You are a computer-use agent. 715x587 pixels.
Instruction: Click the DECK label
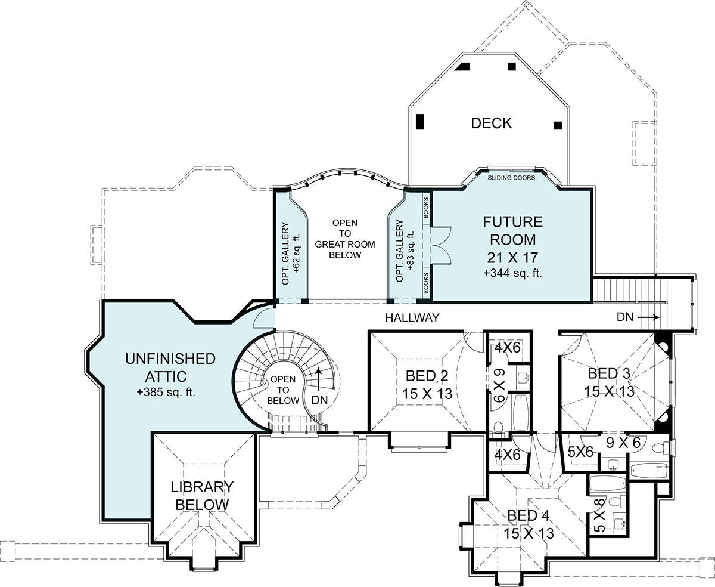point(491,123)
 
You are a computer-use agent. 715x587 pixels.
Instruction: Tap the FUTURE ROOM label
point(512,231)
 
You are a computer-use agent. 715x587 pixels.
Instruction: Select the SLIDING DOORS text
point(511,178)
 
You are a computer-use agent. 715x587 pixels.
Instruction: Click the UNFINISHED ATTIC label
point(170,367)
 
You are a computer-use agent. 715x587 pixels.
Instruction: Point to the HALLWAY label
point(412,318)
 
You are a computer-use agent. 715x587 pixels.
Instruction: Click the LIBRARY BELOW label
point(202,496)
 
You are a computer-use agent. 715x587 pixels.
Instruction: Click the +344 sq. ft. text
point(512,273)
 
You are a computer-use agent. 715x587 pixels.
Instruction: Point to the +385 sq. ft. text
point(166,393)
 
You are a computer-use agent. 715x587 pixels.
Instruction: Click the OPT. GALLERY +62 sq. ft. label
point(291,254)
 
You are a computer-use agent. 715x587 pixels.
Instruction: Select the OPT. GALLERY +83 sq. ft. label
point(405,251)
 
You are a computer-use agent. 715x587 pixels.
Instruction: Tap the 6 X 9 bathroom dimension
point(499,386)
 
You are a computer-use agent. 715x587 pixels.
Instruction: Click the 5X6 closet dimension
point(580,452)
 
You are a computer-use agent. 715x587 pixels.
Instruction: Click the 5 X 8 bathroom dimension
point(600,515)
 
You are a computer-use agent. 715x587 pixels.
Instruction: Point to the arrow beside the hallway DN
point(648,318)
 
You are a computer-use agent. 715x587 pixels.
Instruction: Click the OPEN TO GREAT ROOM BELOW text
point(345,239)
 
